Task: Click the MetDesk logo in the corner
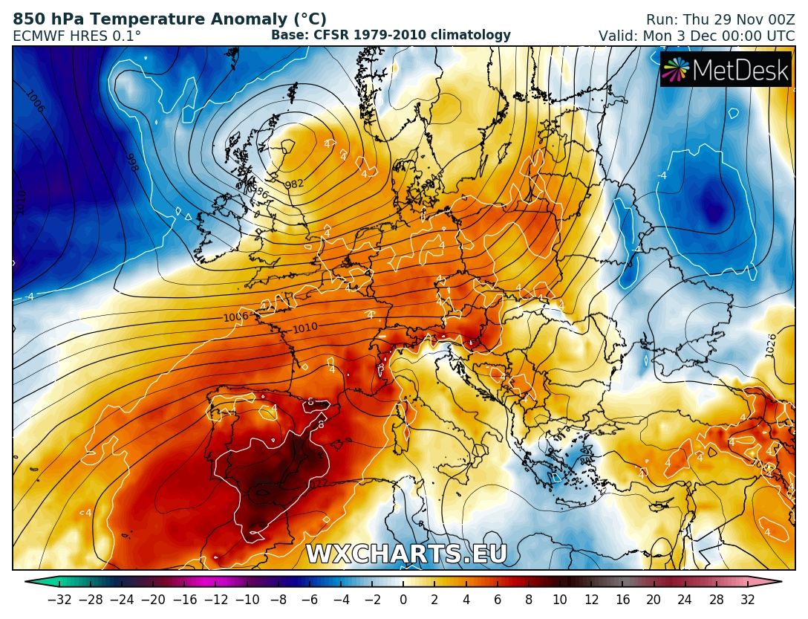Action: (x=726, y=69)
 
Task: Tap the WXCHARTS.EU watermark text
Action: (x=406, y=554)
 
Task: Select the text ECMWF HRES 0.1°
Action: (x=76, y=35)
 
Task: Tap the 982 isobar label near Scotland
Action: (x=295, y=184)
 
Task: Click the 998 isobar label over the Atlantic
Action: (x=131, y=163)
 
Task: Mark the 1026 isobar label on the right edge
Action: (x=771, y=346)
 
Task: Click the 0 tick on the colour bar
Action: (x=403, y=600)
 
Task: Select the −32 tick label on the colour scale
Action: (x=59, y=600)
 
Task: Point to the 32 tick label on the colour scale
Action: (x=747, y=600)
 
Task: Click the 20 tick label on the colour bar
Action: (x=654, y=600)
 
